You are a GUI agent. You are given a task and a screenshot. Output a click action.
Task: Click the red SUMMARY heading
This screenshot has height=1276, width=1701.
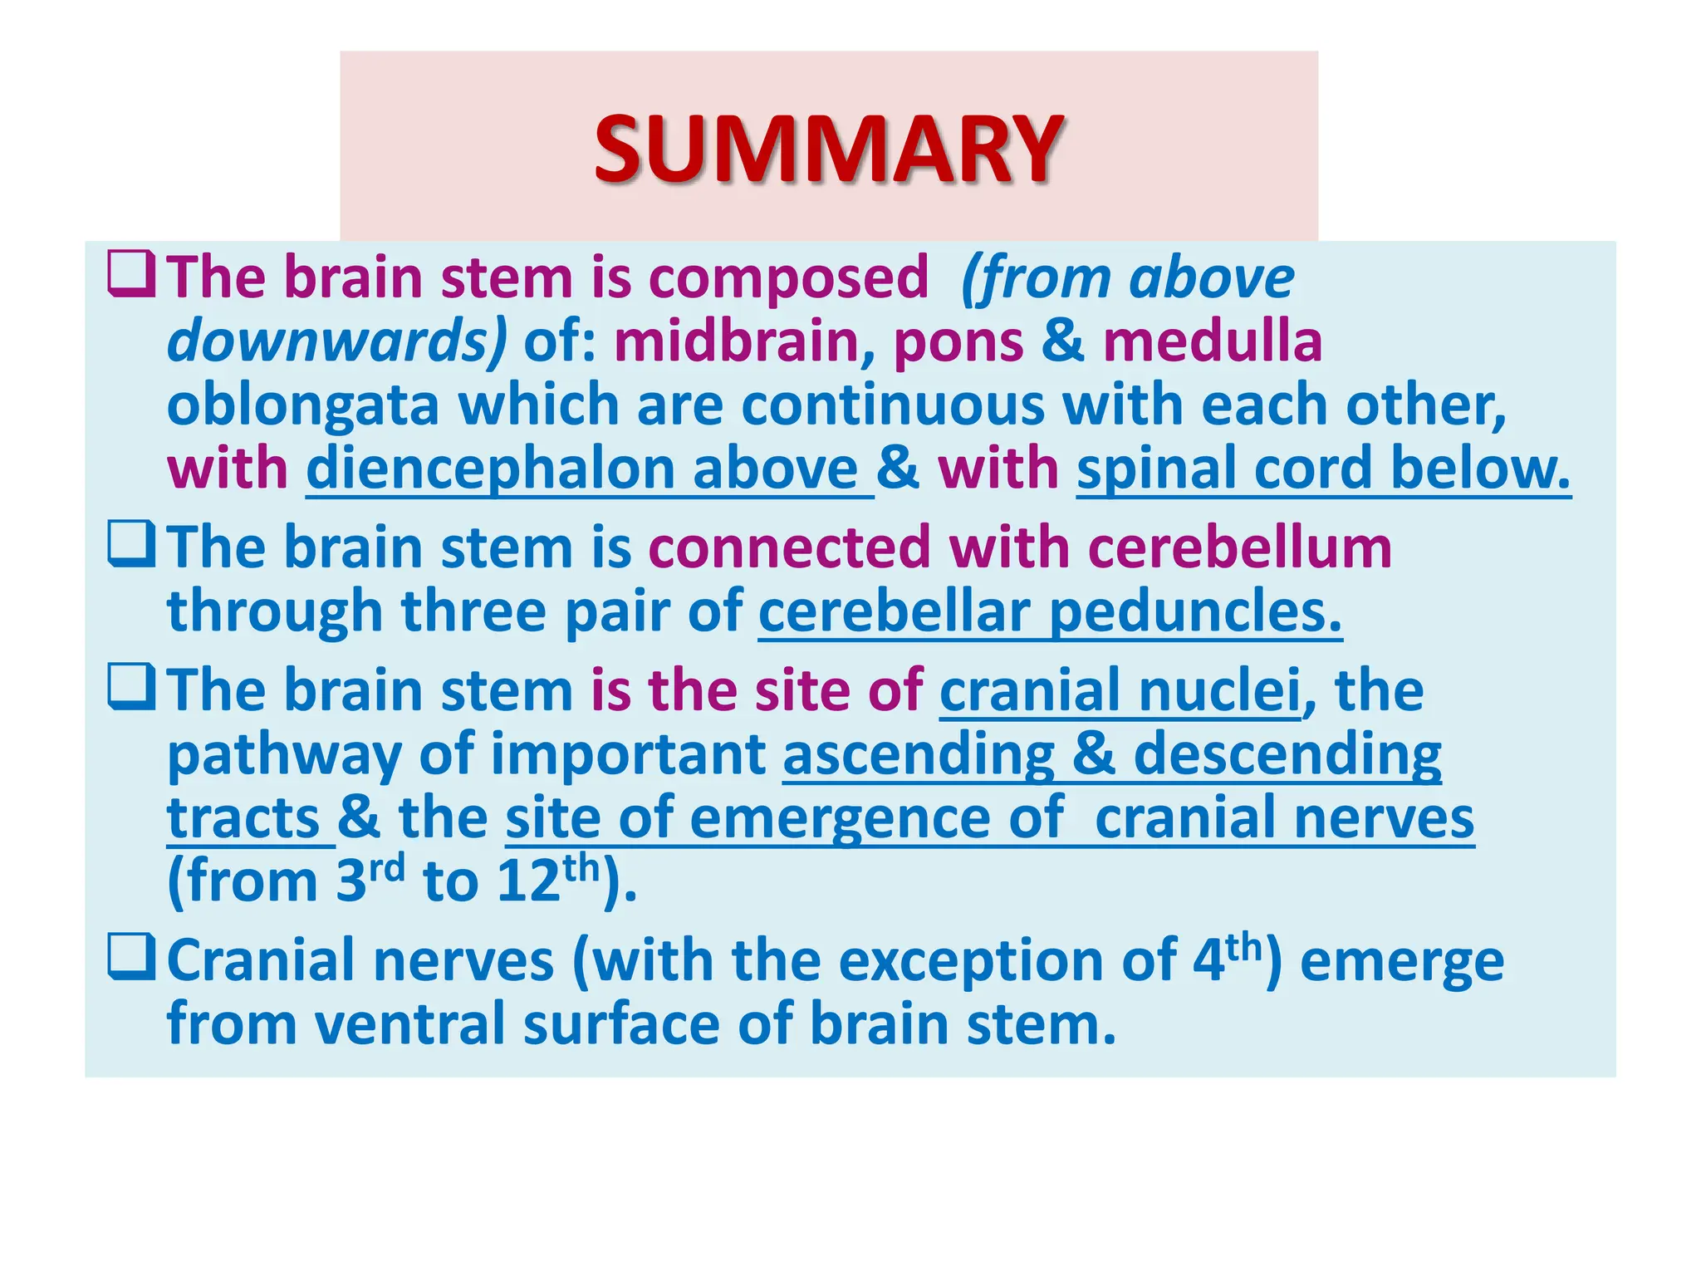(828, 150)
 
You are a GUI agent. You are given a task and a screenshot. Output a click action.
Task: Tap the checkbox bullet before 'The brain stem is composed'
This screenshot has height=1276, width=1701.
(131, 275)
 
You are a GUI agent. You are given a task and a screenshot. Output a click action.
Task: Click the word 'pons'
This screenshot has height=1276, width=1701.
(958, 343)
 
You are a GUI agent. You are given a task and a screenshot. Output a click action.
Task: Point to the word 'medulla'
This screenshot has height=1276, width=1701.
(1212, 341)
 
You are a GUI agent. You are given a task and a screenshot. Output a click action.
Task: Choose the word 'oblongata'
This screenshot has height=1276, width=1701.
(302, 406)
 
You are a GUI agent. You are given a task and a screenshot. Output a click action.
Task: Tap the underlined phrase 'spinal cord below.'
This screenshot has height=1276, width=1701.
(1323, 469)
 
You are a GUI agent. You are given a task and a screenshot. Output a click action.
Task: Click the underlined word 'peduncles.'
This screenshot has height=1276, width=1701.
(1195, 612)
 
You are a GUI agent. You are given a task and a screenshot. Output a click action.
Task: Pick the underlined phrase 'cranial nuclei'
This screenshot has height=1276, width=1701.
(1120, 690)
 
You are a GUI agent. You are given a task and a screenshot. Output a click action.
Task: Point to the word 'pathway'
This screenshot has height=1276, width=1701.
(283, 755)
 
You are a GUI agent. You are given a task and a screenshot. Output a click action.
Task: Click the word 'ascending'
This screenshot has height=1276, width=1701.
(918, 755)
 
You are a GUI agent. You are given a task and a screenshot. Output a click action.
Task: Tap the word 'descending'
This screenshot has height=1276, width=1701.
(1287, 755)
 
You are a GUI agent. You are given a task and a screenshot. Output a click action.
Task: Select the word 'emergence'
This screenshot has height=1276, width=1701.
(839, 819)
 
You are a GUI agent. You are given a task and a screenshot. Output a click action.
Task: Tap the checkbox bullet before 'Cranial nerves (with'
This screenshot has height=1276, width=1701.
(131, 958)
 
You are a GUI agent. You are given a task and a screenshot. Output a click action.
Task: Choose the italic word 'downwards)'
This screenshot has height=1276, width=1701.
(336, 341)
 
